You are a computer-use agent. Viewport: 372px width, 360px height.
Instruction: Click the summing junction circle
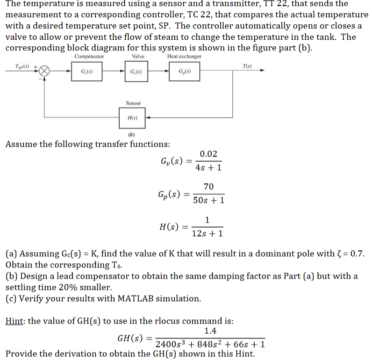[x=44, y=71]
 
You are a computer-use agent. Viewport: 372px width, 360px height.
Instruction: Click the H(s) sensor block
[x=132, y=118]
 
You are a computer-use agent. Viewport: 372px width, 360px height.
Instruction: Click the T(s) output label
[x=247, y=66]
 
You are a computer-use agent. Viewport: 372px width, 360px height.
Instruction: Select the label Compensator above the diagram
[x=89, y=57]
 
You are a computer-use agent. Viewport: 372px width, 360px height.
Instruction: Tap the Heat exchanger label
[x=184, y=57]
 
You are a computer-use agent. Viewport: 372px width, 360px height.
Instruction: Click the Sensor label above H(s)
[x=133, y=103]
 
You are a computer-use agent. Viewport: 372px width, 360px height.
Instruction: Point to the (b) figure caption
[x=131, y=135]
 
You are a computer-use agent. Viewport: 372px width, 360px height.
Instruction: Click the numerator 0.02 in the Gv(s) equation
[x=208, y=154]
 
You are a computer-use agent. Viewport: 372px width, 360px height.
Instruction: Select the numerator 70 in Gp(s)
[x=208, y=187]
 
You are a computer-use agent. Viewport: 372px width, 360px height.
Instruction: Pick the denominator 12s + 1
[x=207, y=233]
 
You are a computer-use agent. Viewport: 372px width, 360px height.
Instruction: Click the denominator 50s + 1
[x=208, y=200]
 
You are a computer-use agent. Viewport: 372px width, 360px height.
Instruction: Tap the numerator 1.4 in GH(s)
[x=210, y=331]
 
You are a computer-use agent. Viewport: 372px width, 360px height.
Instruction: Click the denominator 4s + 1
[x=208, y=167]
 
